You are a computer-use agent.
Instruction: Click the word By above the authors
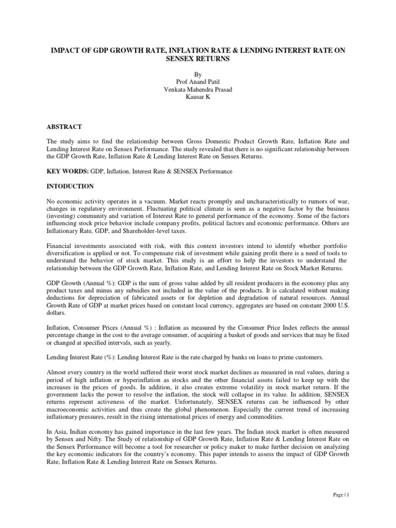click(x=198, y=73)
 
